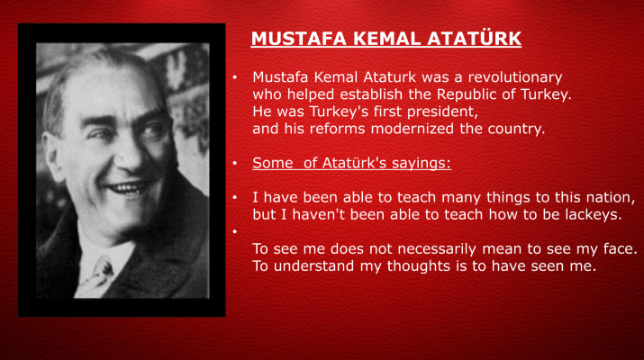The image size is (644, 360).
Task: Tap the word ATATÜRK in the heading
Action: click(474, 38)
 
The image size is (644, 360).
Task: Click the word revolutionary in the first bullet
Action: click(515, 78)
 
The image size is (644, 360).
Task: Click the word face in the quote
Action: click(620, 249)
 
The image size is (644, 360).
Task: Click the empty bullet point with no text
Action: click(235, 232)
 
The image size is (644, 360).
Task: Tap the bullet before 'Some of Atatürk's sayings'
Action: click(235, 164)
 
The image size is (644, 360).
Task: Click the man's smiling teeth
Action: click(127, 188)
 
